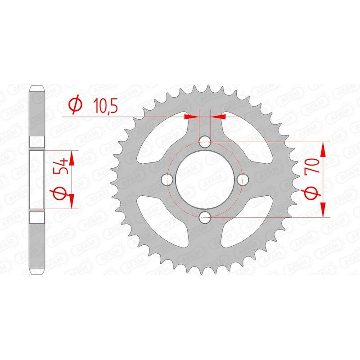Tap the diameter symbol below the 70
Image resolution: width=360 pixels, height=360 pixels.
click(x=314, y=193)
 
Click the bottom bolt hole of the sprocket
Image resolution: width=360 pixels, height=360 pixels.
click(x=206, y=218)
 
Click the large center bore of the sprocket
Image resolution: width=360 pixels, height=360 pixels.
click(x=206, y=180)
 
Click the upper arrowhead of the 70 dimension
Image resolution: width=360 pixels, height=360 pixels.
click(x=323, y=148)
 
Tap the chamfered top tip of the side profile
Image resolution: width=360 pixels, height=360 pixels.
click(x=37, y=87)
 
